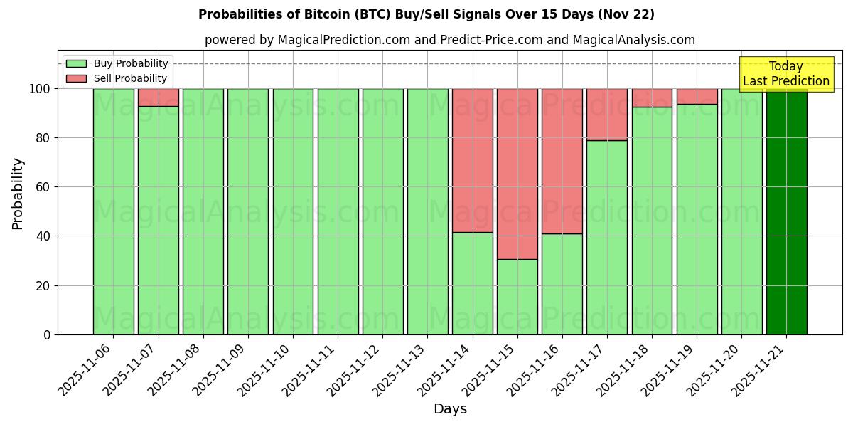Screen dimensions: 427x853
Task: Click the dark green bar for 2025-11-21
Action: pyautogui.click(x=786, y=211)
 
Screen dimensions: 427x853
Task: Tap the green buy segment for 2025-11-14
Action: pyautogui.click(x=473, y=283)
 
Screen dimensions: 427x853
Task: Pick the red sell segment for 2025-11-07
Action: pyautogui.click(x=159, y=97)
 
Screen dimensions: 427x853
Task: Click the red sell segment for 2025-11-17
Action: pyautogui.click(x=607, y=114)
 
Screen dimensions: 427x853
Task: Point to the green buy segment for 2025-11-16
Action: pyautogui.click(x=562, y=284)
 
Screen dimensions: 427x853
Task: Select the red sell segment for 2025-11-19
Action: pyautogui.click(x=697, y=96)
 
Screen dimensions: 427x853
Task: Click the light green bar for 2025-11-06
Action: pyautogui.click(x=114, y=211)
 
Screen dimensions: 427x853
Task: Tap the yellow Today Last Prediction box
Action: pyautogui.click(x=786, y=74)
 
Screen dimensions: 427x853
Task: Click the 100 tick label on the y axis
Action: pyautogui.click(x=40, y=89)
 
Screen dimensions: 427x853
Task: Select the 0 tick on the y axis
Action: pyautogui.click(x=47, y=334)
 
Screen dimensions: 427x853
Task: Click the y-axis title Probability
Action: pyautogui.click(x=18, y=194)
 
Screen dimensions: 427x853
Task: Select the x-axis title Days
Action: pyautogui.click(x=450, y=409)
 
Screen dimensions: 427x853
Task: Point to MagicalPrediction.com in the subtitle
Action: pyautogui.click(x=343, y=40)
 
